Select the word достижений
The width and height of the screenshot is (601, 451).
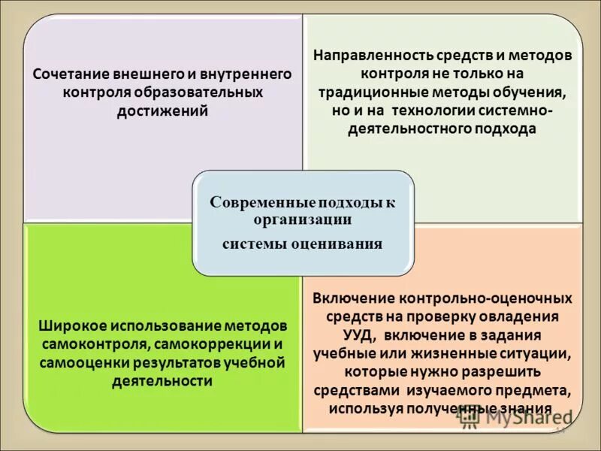[163, 110]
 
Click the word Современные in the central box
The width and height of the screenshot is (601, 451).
[255, 203]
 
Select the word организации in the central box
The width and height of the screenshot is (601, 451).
[303, 219]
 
